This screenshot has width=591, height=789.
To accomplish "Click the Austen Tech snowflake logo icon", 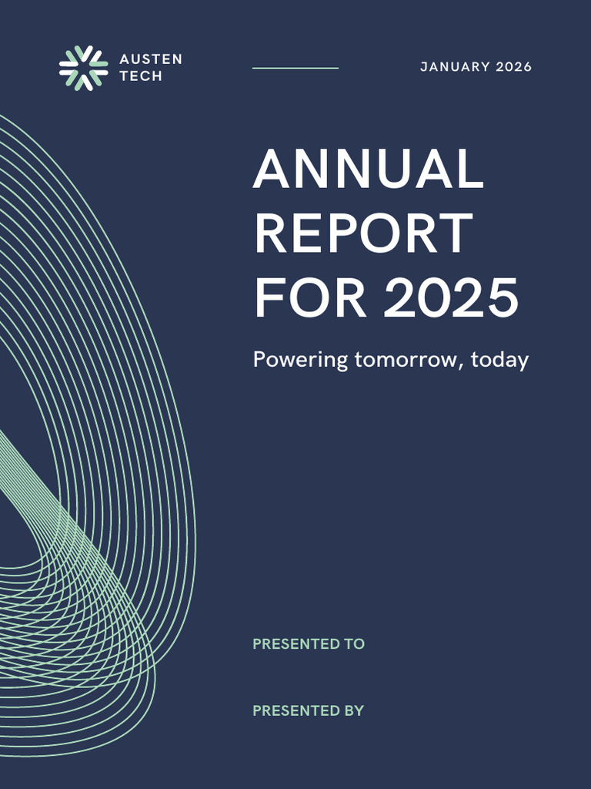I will point(83,68).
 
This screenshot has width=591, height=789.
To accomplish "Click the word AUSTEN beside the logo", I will point(151,59).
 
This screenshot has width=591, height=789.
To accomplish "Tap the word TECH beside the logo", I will point(141,77).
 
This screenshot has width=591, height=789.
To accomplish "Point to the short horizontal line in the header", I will point(295,68).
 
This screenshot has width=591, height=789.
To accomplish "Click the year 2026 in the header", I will point(513,67).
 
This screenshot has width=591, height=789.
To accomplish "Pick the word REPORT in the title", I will point(363,233).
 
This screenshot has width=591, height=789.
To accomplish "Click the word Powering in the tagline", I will point(301,361).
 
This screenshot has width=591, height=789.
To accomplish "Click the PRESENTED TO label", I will point(309,644).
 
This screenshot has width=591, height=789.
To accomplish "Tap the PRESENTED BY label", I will point(308,710).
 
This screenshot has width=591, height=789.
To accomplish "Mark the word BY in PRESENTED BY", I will point(354,710).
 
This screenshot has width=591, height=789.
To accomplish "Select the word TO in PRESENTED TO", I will point(355,644).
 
